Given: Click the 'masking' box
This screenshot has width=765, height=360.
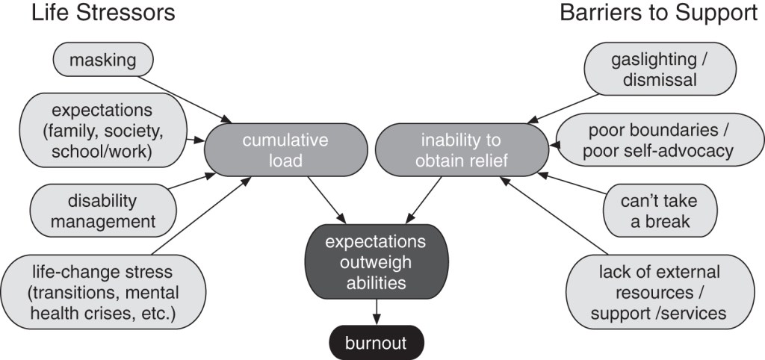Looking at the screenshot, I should click(x=103, y=60).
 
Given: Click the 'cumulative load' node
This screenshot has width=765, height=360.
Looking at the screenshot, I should click(x=283, y=150).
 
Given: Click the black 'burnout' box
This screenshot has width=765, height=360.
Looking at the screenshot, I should click(x=376, y=344).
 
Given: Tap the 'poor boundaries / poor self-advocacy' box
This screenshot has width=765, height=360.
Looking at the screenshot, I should click(x=660, y=140).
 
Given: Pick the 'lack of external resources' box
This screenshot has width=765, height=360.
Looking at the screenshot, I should click(x=658, y=292).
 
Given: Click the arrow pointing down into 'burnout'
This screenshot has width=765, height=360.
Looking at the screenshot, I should click(x=376, y=312).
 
